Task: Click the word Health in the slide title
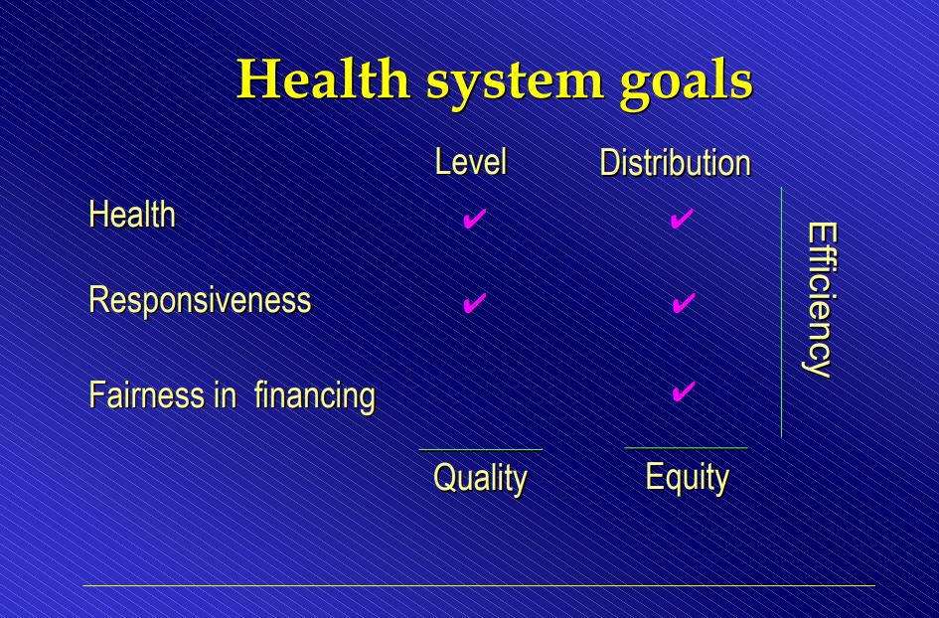(323, 79)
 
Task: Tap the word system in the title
(515, 83)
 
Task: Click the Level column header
(471, 162)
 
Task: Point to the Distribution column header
(675, 162)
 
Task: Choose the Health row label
(132, 214)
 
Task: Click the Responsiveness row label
(200, 299)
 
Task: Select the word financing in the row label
(314, 396)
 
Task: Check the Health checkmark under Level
(474, 219)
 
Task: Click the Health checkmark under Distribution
(682, 219)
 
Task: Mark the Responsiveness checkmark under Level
(474, 303)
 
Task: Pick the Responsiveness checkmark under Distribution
(684, 303)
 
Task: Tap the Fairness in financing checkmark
(684, 391)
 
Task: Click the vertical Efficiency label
(819, 300)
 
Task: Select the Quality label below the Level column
(480, 479)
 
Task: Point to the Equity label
(687, 478)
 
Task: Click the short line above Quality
(480, 450)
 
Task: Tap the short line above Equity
(686, 448)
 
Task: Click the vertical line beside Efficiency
(781, 312)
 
